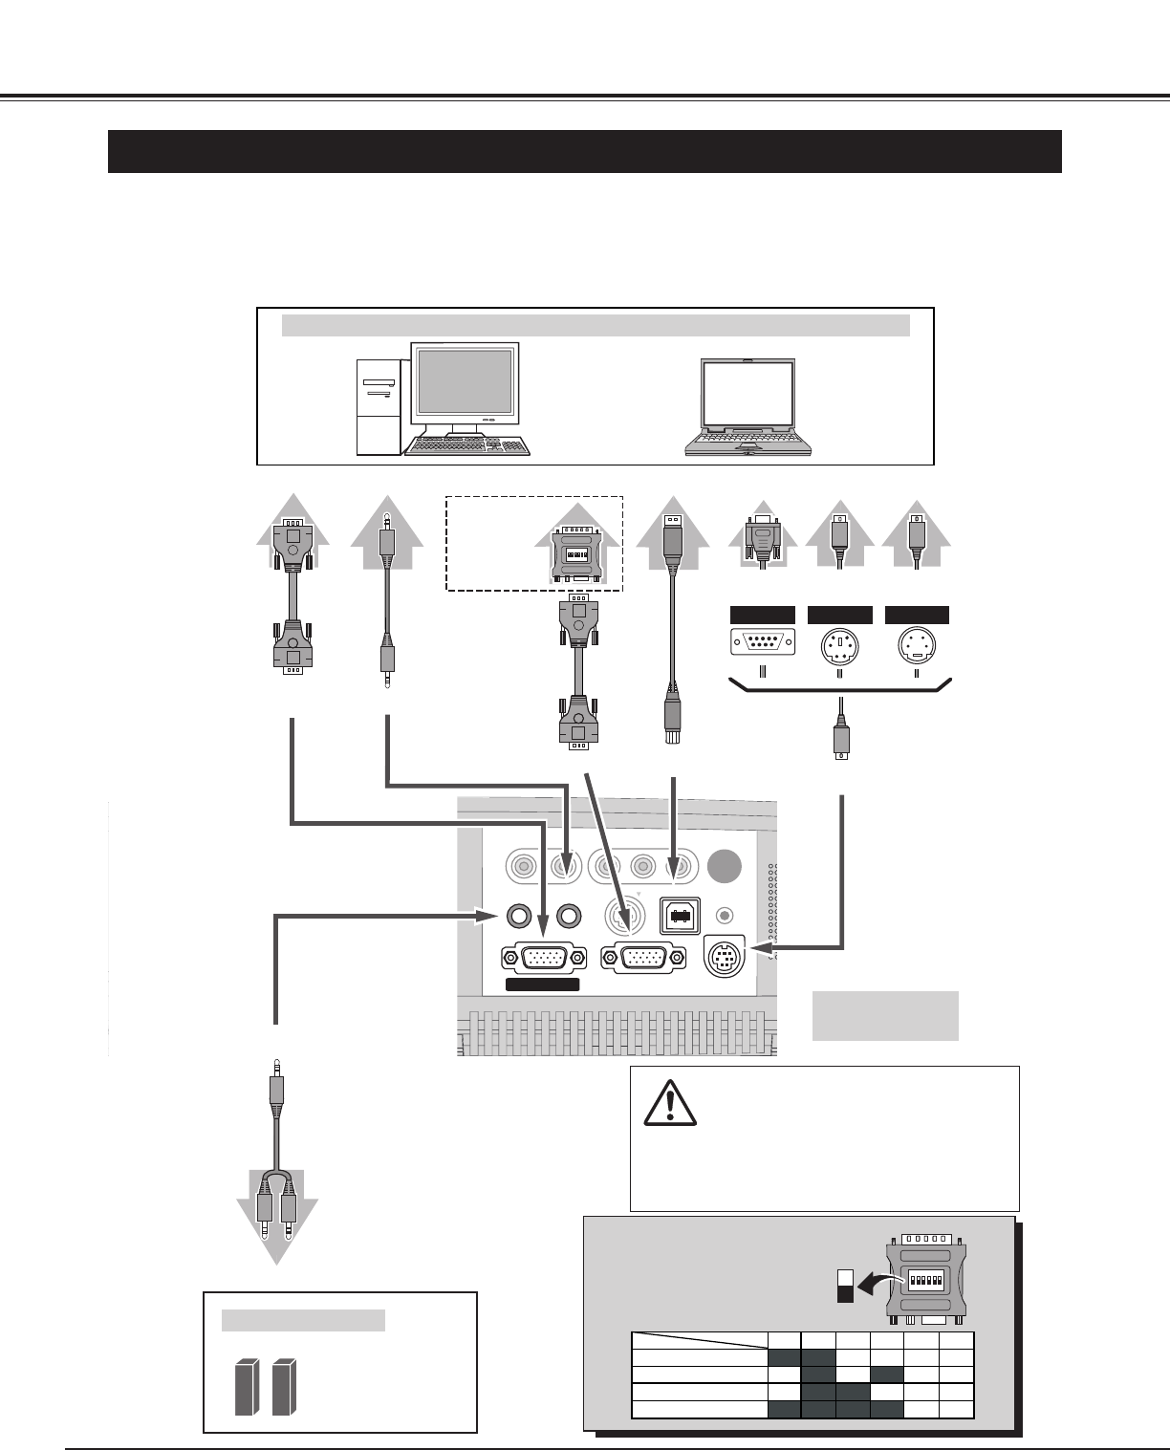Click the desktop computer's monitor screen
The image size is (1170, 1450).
464,382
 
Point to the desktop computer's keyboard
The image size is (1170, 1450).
467,446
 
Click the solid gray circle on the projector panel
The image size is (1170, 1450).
726,866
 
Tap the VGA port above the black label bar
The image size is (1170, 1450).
542,958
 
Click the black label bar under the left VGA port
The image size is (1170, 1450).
542,985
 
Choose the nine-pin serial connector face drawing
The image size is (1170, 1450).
762,642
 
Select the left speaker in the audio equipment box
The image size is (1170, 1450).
247,1388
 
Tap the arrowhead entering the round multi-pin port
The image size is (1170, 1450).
760,948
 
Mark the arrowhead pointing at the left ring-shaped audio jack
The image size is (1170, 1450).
487,915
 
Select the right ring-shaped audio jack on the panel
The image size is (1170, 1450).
569,915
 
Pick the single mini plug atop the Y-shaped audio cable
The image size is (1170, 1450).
275,1088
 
